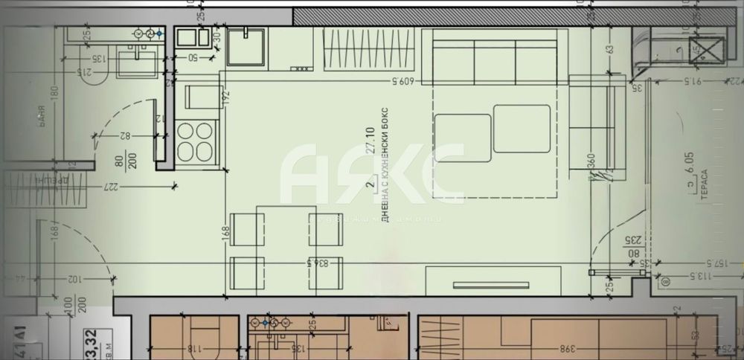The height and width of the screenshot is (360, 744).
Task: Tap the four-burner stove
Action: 196,141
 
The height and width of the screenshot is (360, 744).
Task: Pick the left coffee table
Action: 462,137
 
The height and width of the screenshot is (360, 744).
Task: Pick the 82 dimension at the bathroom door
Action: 124,135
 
